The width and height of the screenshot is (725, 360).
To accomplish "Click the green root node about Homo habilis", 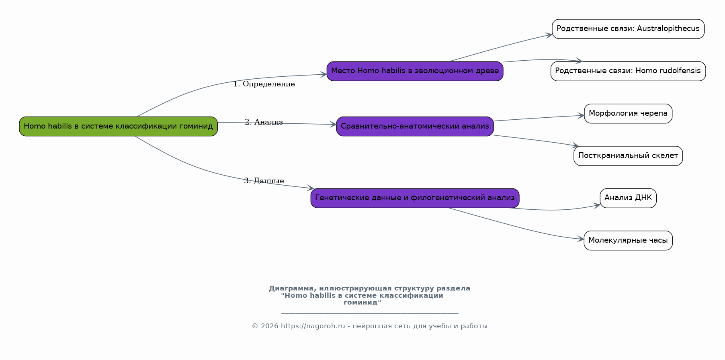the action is pyautogui.click(x=118, y=126).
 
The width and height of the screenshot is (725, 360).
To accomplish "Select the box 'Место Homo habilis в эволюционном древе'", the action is pyautogui.click(x=415, y=71).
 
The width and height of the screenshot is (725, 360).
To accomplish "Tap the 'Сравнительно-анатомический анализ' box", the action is pyautogui.click(x=415, y=126).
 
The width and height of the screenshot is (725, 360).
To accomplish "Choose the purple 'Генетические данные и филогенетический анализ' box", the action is pyautogui.click(x=415, y=198).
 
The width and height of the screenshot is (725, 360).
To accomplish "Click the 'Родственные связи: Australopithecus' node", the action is pyautogui.click(x=628, y=29).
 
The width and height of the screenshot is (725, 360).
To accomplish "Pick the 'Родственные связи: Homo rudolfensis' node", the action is pyautogui.click(x=628, y=71).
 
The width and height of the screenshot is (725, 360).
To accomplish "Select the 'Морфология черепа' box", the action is pyautogui.click(x=628, y=114).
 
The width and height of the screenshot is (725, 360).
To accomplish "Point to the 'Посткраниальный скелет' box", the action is pyautogui.click(x=628, y=156).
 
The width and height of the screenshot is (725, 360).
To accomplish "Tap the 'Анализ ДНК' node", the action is pyautogui.click(x=628, y=198).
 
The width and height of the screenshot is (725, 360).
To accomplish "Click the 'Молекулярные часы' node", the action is pyautogui.click(x=628, y=240).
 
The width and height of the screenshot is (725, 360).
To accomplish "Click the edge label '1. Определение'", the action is pyautogui.click(x=264, y=84).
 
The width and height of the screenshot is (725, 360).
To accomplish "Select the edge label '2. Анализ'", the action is pyautogui.click(x=264, y=122).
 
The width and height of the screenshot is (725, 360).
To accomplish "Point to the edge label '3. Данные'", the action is pyautogui.click(x=264, y=181).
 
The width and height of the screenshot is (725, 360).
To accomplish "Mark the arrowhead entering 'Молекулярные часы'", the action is pyautogui.click(x=581, y=239).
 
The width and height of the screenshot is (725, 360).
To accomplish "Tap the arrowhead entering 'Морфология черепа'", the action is pyautogui.click(x=581, y=116).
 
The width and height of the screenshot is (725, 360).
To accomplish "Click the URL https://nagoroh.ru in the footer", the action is pyautogui.click(x=313, y=326).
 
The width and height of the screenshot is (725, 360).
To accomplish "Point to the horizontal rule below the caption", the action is pyautogui.click(x=370, y=313).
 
